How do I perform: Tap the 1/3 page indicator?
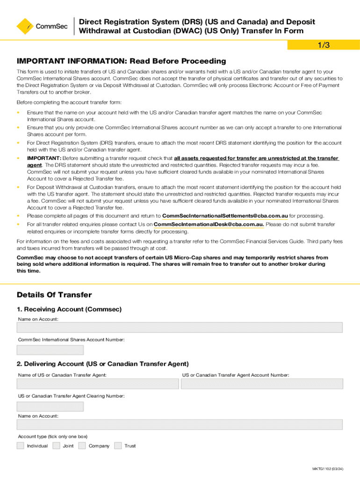tap(324, 45)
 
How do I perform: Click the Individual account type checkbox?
tap(21, 446)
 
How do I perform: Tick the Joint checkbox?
tap(56, 446)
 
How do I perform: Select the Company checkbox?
tap(82, 446)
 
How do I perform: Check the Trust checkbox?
tap(118, 446)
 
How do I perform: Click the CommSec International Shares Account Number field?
tap(50, 350)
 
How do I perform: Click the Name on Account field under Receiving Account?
tap(180, 327)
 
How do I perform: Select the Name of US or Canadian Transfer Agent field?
tap(98, 384)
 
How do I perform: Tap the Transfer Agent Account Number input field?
tap(262, 384)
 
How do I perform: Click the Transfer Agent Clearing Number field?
tap(50, 406)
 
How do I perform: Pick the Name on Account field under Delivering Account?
tap(180, 425)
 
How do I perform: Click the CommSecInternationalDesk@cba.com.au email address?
tap(209, 225)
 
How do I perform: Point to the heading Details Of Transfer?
tap(54, 295)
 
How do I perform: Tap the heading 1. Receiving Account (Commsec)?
tap(69, 309)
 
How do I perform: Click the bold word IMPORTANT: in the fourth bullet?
tap(41, 158)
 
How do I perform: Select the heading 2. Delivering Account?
tap(103, 363)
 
